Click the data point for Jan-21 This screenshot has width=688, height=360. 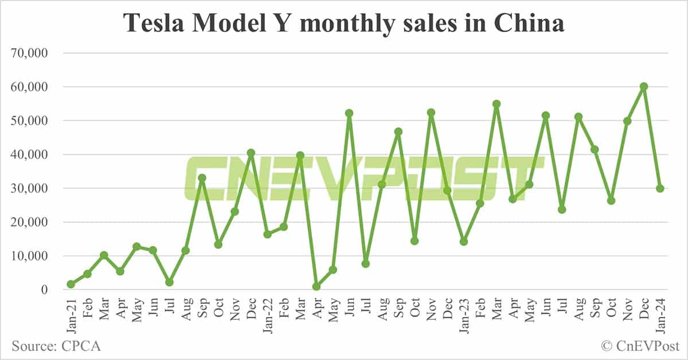[x=71, y=284]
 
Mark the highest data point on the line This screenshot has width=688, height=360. [x=644, y=87]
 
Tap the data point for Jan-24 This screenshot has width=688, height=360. [x=660, y=188]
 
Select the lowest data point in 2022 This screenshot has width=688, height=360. [x=316, y=286]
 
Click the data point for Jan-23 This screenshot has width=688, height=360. [x=464, y=241]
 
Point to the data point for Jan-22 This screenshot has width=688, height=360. [x=267, y=234]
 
